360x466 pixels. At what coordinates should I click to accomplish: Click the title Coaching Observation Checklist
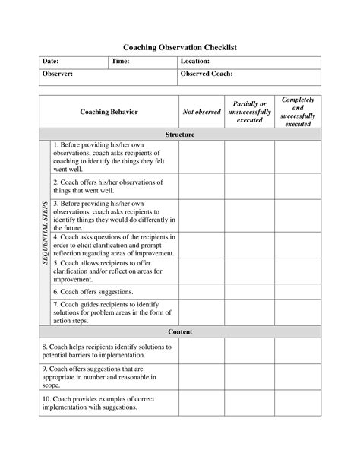pos(180,47)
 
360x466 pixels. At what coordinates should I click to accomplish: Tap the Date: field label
pos(52,61)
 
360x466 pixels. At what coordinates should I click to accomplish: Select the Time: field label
pos(121,61)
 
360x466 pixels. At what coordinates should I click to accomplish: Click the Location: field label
pos(195,61)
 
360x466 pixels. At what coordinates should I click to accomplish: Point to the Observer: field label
pos(58,74)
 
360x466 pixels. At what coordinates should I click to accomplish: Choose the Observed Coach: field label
pos(207,74)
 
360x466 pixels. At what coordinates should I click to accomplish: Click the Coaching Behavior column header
pos(109,112)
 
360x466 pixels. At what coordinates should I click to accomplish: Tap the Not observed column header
pos(201,112)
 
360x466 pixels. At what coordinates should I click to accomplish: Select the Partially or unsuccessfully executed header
pos(248,112)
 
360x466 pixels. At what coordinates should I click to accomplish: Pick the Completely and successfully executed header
pos(297,112)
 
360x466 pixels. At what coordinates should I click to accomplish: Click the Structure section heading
pos(180,135)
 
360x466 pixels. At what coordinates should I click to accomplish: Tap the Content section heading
pos(180,332)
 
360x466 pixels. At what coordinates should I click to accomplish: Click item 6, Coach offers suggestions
pos(93,291)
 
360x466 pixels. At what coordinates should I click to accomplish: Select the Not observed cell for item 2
pos(201,186)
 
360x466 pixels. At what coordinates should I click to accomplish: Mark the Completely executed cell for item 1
pos(297,157)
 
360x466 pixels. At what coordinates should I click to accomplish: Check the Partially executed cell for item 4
pos(248,245)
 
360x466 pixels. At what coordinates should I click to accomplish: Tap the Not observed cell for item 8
pos(201,350)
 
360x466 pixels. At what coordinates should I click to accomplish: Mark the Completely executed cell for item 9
pos(297,376)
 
